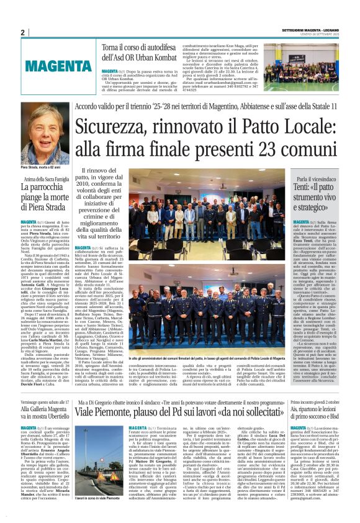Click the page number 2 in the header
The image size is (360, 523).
pos(22,32)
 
